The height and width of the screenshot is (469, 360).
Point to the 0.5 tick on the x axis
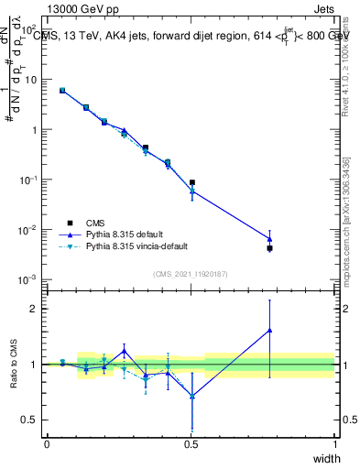191,444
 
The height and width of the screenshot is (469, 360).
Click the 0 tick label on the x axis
47,444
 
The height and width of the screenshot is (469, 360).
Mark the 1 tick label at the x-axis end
334,444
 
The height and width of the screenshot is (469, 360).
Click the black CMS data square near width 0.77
269,248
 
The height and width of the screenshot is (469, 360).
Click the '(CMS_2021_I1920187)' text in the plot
191,272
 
